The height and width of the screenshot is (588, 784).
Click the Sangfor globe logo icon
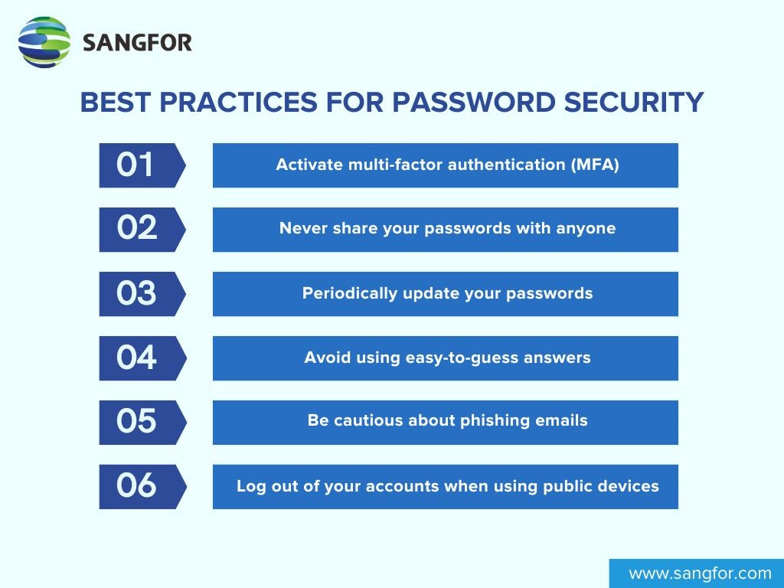[x=44, y=42]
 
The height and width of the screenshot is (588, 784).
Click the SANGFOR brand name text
[x=137, y=43]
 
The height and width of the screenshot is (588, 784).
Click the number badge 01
[x=138, y=165]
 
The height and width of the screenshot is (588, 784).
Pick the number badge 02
[x=138, y=229]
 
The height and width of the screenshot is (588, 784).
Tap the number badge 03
[x=138, y=293]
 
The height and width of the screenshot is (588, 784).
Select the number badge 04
[x=138, y=358]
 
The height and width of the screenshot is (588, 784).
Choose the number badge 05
[x=138, y=422]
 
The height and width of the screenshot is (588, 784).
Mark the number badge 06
[x=138, y=486]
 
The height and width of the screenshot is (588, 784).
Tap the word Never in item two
[x=302, y=229]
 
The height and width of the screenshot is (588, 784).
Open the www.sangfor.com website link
[x=700, y=573]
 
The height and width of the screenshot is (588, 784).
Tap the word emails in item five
[x=563, y=422]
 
